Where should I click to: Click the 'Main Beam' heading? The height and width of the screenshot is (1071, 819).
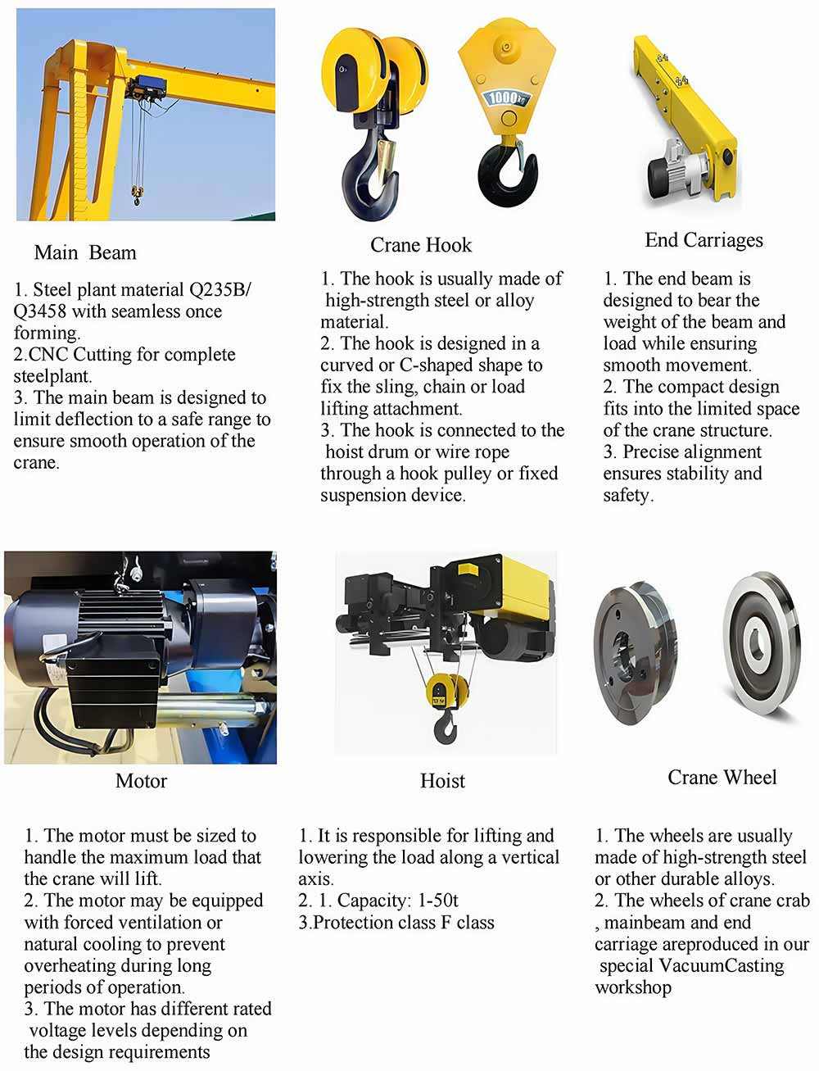point(85,252)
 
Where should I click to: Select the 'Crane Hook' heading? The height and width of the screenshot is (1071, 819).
point(421,245)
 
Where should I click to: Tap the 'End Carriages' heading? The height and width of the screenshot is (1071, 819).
point(704,240)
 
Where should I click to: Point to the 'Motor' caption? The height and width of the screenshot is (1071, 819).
point(141,781)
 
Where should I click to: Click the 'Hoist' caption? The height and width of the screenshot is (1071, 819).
point(442,781)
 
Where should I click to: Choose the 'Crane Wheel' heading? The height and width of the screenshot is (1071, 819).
point(722,777)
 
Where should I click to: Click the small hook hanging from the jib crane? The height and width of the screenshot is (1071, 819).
point(136,196)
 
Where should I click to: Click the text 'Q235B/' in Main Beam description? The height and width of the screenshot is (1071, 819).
point(220,289)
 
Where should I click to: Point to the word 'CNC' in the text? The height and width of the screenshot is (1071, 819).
point(48,355)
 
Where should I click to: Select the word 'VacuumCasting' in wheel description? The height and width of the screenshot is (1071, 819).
point(721,966)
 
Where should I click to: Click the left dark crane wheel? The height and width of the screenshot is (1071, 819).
point(635,653)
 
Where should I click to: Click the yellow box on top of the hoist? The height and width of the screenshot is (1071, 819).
point(468,568)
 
